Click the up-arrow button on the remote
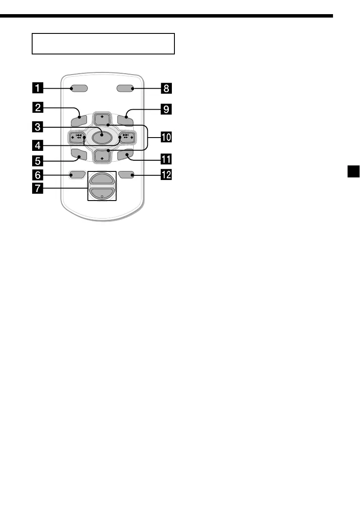102,119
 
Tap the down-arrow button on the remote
102,156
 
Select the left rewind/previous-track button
77,138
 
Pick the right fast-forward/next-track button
126,138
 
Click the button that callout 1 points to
79,89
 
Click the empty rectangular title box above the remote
103,44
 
